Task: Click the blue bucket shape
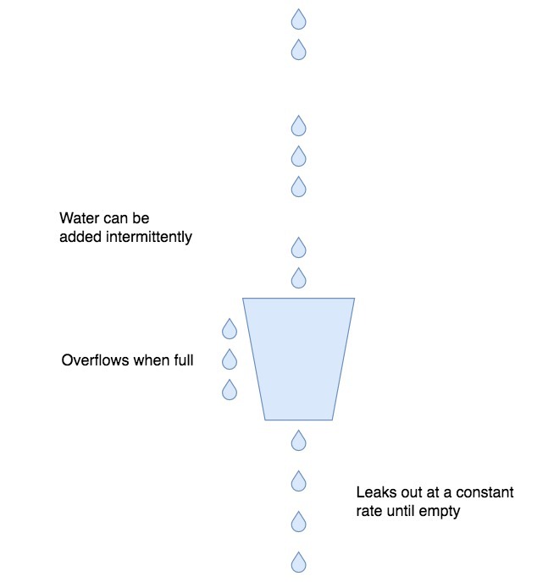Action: pos(298,359)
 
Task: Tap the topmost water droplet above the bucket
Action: pos(298,19)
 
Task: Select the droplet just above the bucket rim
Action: pos(298,277)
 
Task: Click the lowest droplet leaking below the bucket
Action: pos(298,562)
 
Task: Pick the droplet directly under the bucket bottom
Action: pos(298,440)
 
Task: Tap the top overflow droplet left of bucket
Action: pos(229,328)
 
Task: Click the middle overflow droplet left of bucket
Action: pos(229,360)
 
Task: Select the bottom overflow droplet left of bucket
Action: pos(229,390)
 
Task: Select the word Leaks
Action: pos(374,492)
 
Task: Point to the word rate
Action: pos(369,511)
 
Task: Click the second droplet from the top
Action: pos(298,50)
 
